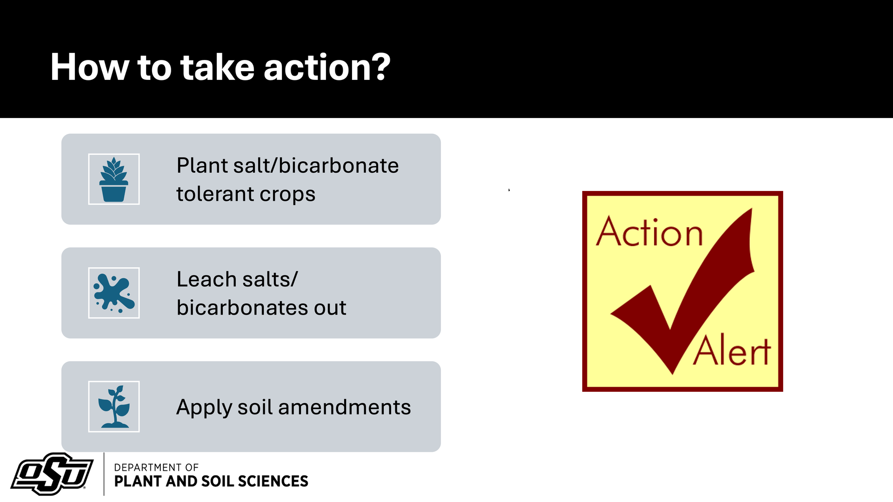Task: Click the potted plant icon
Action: tap(114, 179)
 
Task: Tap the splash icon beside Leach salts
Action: tap(114, 293)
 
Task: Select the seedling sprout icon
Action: tap(114, 406)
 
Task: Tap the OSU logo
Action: tap(52, 474)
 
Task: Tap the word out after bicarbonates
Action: tap(330, 308)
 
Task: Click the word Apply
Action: tap(204, 408)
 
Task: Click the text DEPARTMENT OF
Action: tap(156, 467)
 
